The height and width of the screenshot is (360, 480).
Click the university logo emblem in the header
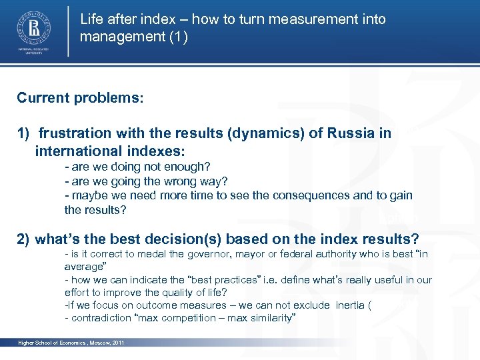(32, 28)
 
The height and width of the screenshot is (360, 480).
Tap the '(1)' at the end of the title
(177, 37)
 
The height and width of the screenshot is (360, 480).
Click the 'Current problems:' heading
(80, 98)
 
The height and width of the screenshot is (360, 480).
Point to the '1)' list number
(24, 133)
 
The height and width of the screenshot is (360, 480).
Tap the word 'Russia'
(351, 133)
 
